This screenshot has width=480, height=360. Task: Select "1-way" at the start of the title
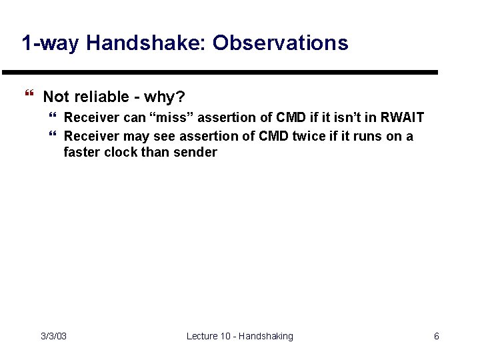tap(51, 43)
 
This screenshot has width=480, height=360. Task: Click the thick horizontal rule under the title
tap(220, 72)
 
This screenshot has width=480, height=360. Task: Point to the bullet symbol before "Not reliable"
tap(27, 97)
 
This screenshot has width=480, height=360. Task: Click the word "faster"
tap(82, 152)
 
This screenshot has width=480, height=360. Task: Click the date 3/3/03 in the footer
tap(53, 336)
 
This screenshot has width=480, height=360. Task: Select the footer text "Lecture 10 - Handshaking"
tap(239, 336)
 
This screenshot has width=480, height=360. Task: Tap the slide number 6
tap(436, 336)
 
